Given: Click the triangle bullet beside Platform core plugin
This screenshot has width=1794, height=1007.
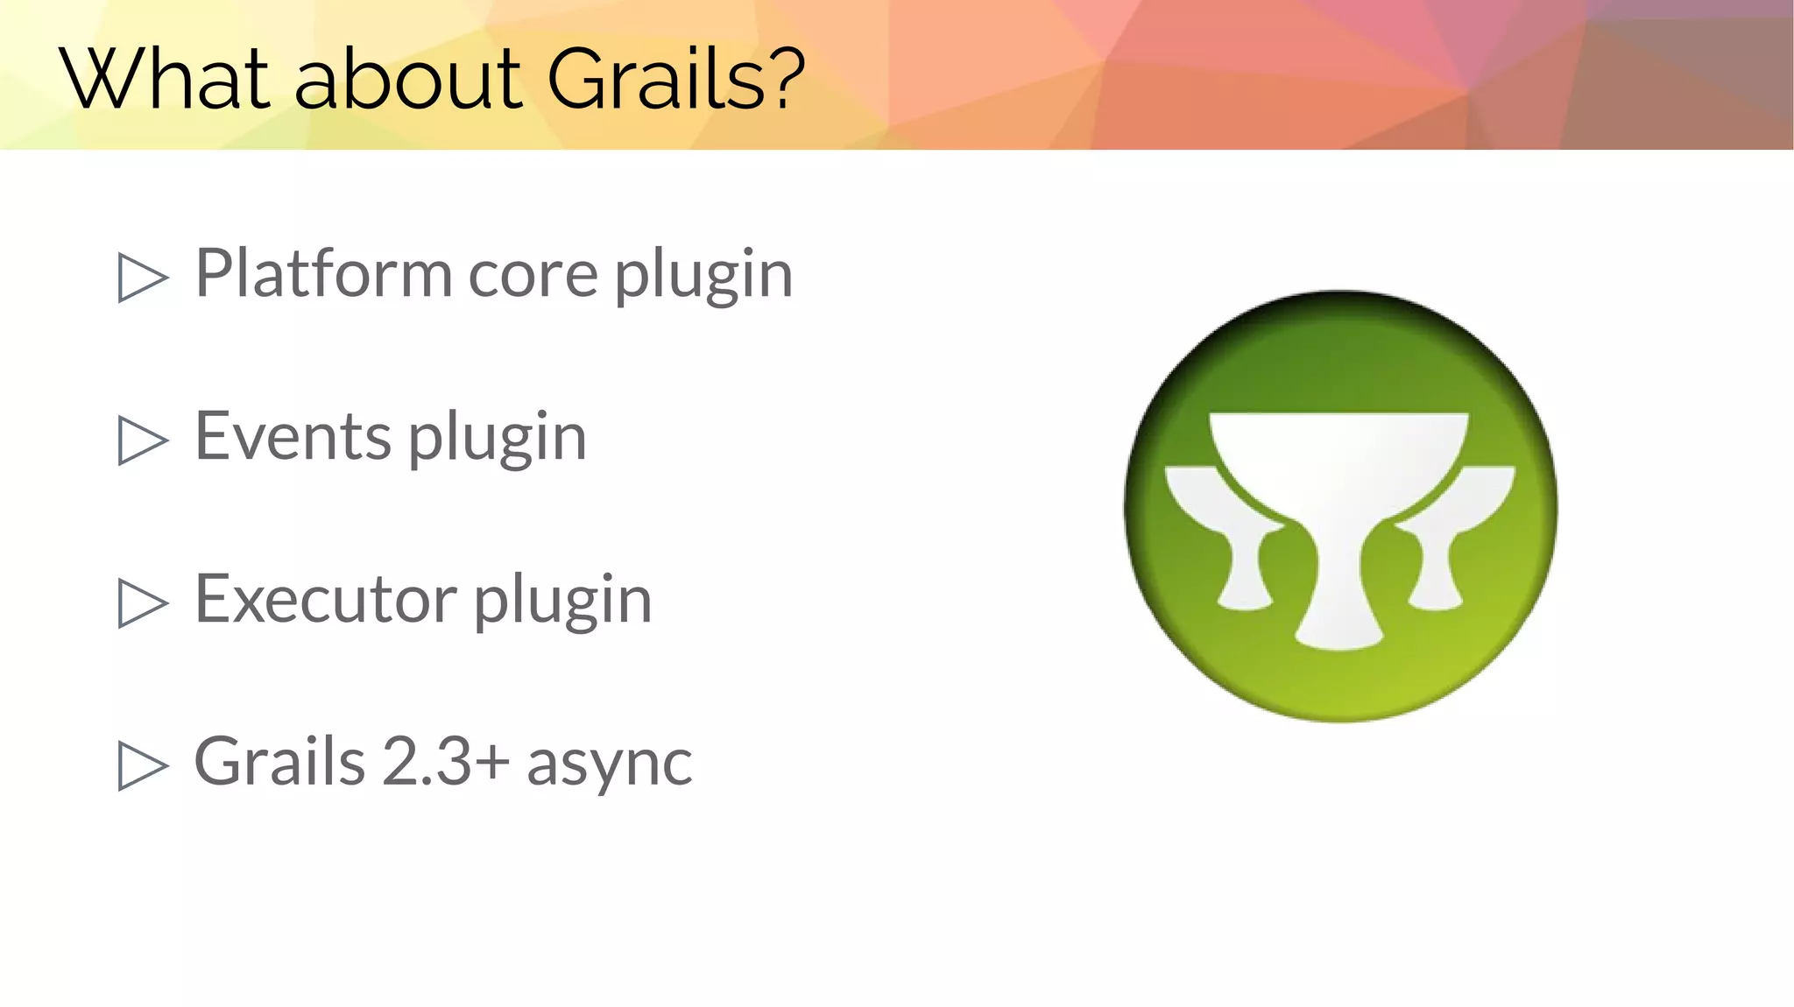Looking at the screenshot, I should coord(142,278).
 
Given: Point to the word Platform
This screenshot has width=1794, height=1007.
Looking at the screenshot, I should coord(322,273).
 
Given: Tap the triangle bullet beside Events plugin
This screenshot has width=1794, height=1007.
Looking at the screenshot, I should coord(142,440).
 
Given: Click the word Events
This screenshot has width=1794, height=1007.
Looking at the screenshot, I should coord(293,436).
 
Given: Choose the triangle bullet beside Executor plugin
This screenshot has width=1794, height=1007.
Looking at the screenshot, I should coord(142,603).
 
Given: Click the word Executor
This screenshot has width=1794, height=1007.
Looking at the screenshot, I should coord(325,600).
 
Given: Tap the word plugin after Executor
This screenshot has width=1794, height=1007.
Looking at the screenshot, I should coord(562,602).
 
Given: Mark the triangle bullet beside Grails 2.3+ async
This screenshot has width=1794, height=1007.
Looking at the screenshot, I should coord(142,765).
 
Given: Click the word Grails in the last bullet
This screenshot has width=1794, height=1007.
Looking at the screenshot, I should coord(279,761).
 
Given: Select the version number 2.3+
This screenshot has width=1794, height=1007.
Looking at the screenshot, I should coord(446,761).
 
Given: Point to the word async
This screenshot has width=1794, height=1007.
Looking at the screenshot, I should coord(609,764).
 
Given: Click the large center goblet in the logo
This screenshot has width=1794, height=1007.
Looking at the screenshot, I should coord(1338,517).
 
